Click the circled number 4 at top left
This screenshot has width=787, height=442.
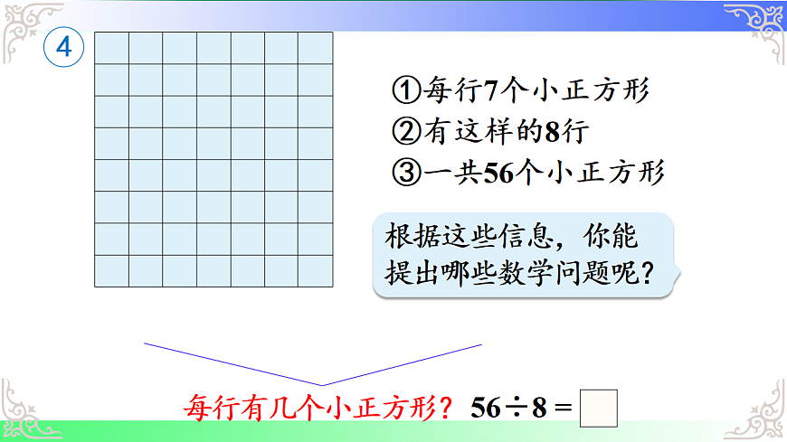click(63, 48)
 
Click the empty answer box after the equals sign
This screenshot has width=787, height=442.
click(598, 407)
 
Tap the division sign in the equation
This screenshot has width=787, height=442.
click(516, 408)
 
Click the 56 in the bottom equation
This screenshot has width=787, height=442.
click(486, 408)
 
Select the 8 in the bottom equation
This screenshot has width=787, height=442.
click(540, 408)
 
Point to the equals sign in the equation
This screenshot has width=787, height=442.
click(563, 408)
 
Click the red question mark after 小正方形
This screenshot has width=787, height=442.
click(448, 408)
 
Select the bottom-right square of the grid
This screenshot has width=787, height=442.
click(316, 270)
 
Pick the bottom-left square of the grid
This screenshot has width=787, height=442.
click(112, 270)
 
